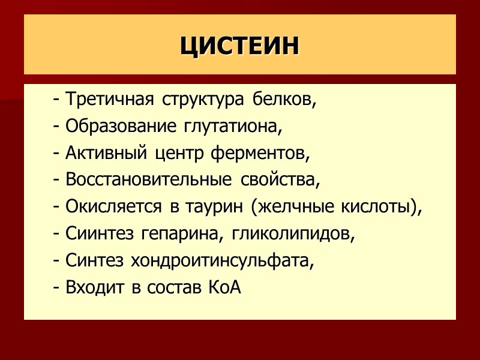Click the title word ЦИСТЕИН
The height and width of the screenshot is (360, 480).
pos(239,46)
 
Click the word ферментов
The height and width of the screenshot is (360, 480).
pos(260,153)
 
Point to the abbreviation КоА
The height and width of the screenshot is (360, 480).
pos(224,288)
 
